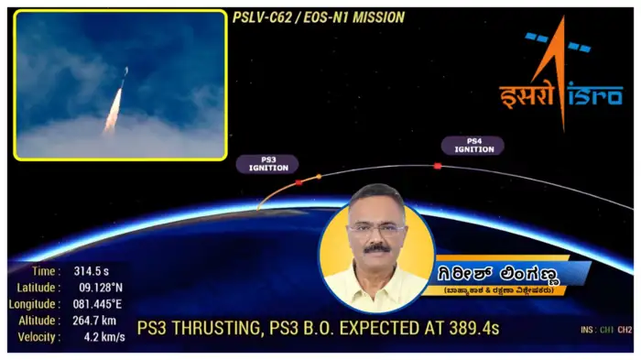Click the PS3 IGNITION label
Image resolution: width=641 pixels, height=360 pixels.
tap(268, 163)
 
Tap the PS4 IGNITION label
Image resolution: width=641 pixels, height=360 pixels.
tap(473, 145)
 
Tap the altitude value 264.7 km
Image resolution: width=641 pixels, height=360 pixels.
tap(95, 321)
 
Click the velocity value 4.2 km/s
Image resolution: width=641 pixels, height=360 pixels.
tap(91, 337)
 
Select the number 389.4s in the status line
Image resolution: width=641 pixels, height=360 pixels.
tap(470, 328)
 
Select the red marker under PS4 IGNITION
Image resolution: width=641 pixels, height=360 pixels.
tap(438, 166)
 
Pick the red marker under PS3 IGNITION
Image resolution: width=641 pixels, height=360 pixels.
tap(299, 182)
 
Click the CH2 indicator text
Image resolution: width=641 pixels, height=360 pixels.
tap(625, 329)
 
